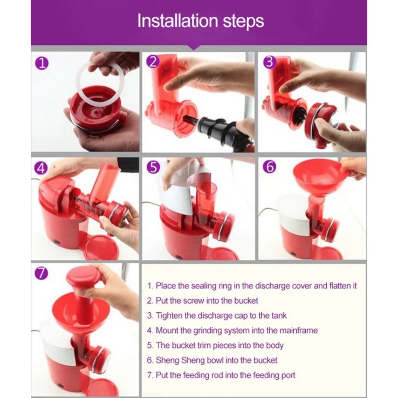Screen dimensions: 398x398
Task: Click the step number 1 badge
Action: [42, 64]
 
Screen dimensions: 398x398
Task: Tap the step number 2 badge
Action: [153, 61]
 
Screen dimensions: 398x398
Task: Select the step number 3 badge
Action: [270, 62]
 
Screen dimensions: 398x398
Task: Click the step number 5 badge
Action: [154, 167]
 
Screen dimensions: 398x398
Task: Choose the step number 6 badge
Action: [270, 167]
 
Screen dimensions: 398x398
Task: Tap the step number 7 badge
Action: [42, 273]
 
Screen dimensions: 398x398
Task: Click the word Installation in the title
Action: [177, 20]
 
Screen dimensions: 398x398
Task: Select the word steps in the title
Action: [243, 22]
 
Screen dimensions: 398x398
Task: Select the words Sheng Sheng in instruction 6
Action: [180, 360]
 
